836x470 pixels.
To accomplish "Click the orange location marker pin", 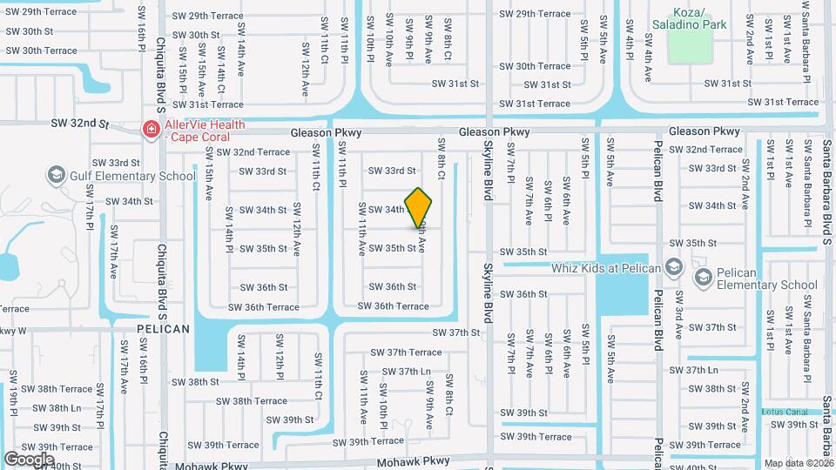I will point(419,207).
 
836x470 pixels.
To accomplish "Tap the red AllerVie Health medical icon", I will point(151,130).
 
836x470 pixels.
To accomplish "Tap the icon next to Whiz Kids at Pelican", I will point(672,267).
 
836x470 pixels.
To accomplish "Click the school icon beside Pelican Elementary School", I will point(703,278).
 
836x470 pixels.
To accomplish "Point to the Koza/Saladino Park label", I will point(700,19).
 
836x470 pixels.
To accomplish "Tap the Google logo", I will point(30,459).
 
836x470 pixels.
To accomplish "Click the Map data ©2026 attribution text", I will point(799,463).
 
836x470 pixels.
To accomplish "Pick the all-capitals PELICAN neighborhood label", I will point(163,329).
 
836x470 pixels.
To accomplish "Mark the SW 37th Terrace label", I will point(406,352).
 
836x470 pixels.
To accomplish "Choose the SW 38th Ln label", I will point(52,408).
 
